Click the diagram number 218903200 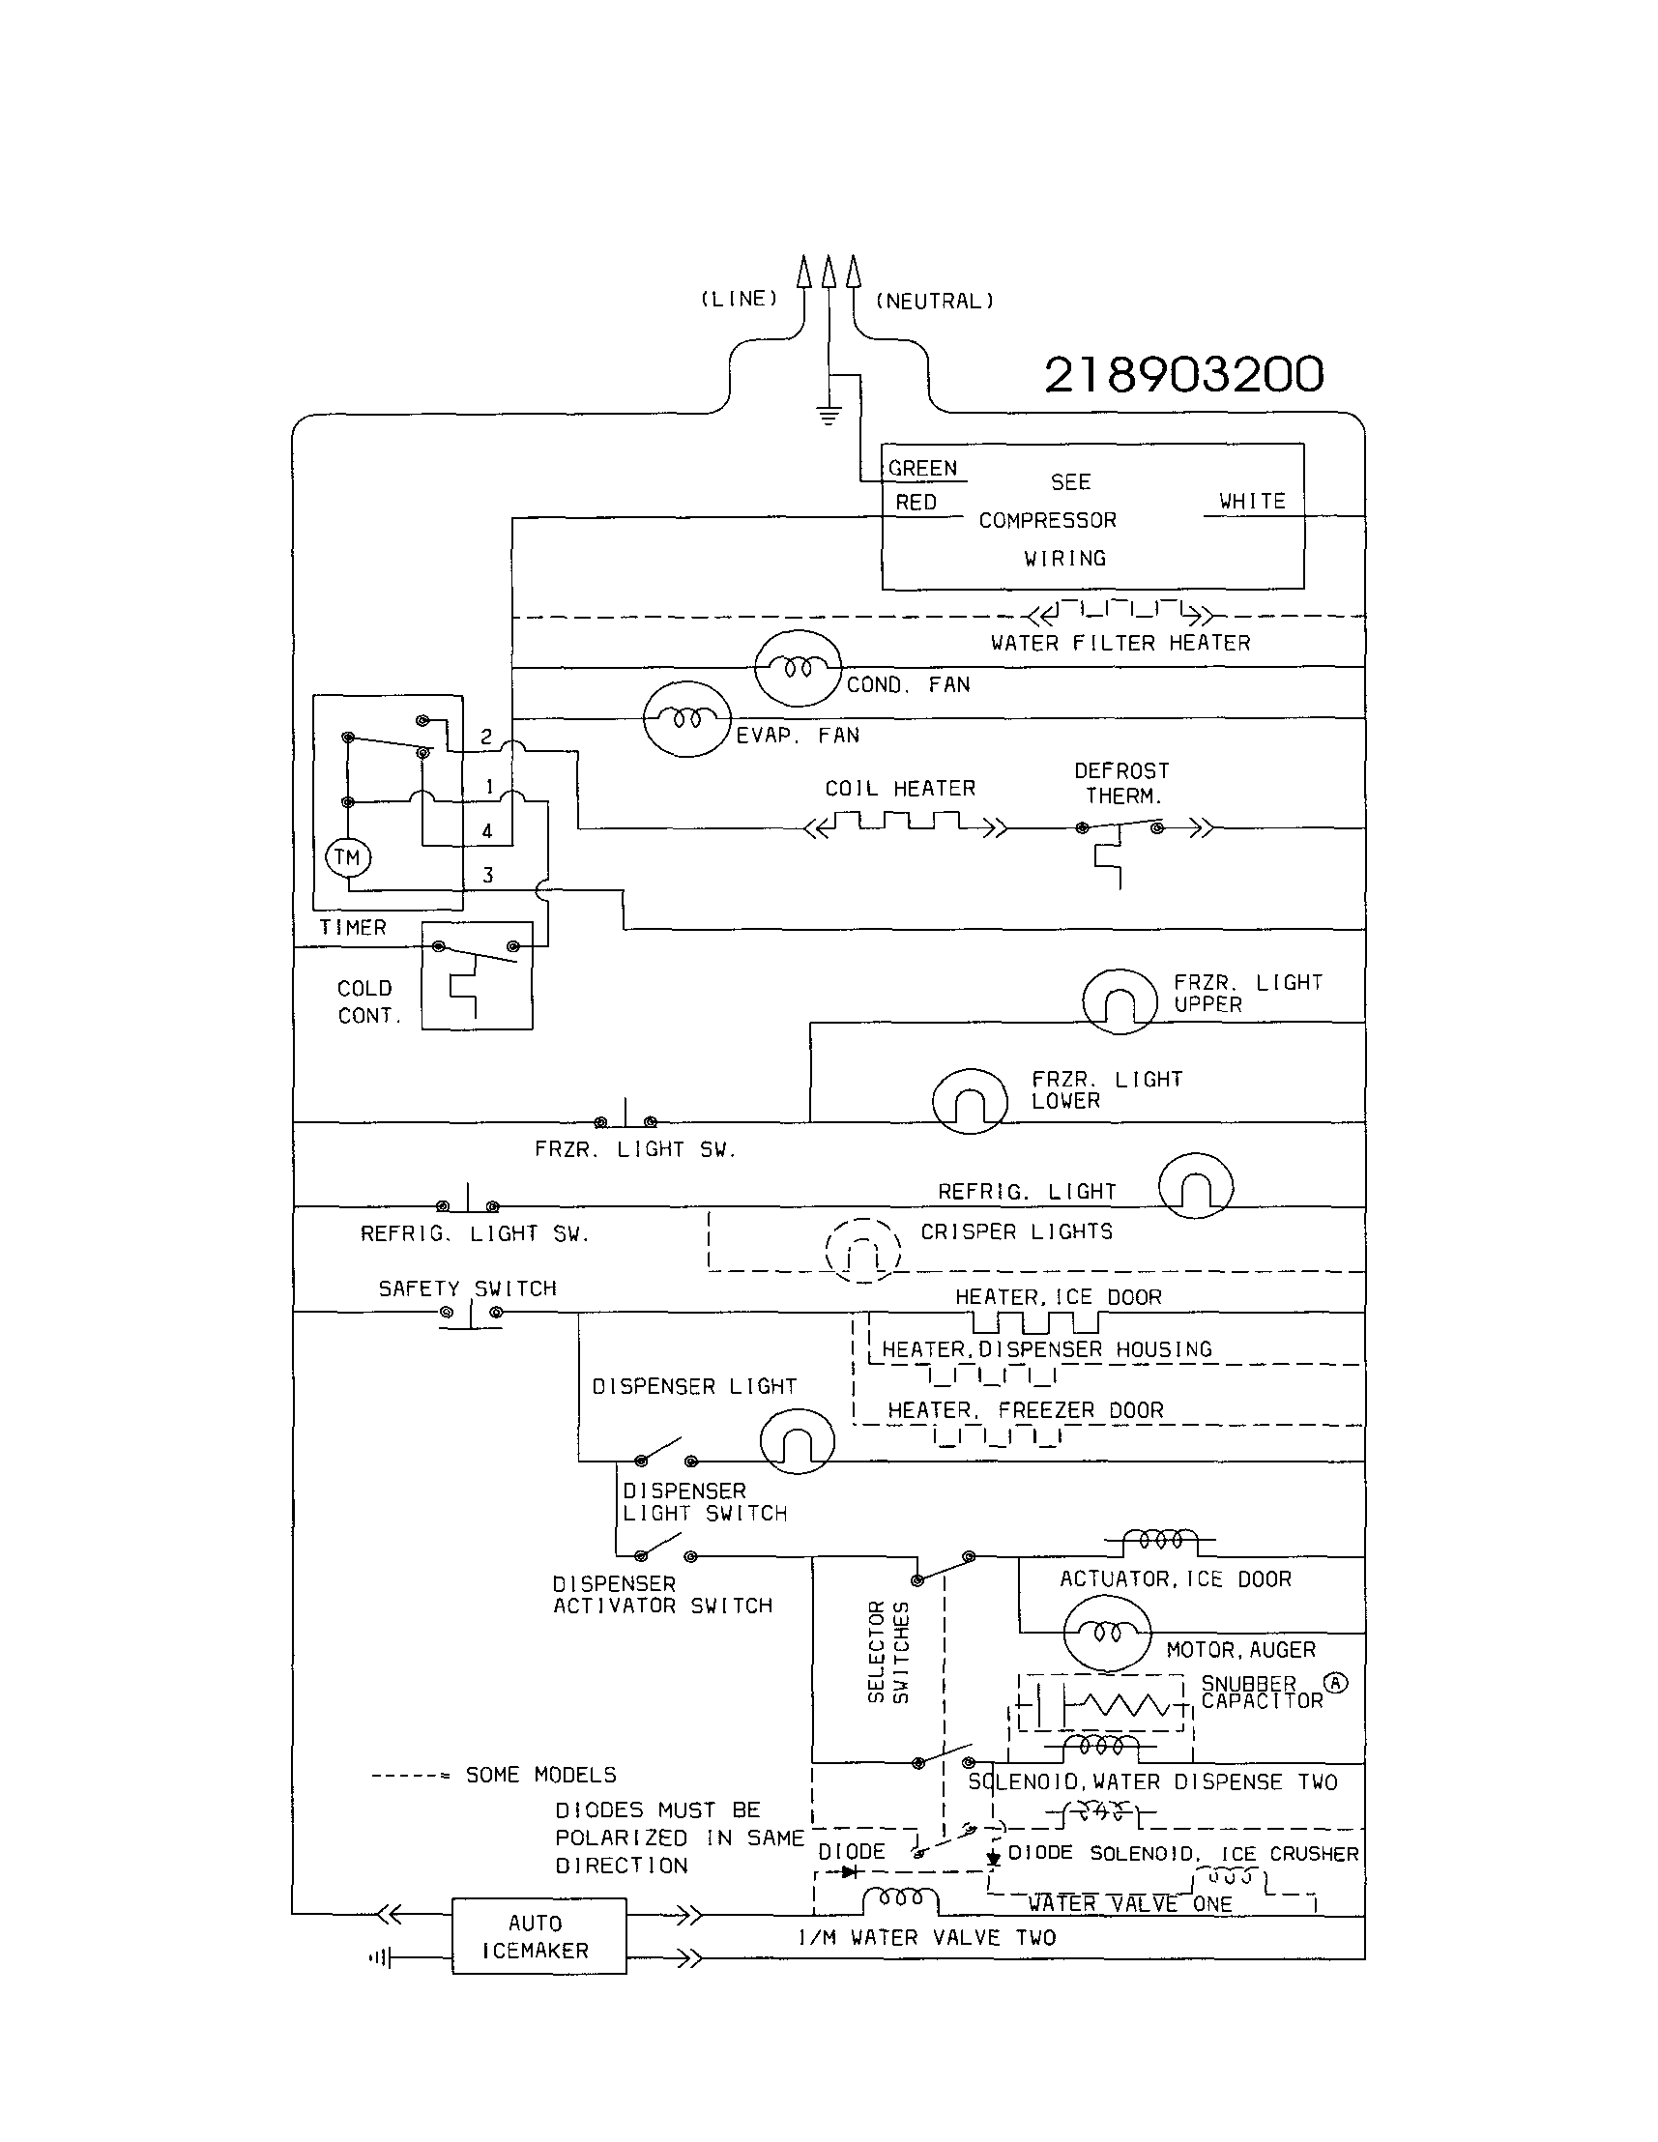pos(1183,375)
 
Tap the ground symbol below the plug pos(829,415)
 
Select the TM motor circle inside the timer pos(347,857)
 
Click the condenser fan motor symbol pos(799,668)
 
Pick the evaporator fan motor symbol pos(686,719)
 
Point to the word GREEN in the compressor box pos(922,469)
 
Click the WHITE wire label pos(1252,501)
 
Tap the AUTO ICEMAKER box pos(538,1936)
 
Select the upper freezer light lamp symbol pos(1120,1001)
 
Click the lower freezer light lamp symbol pos(970,1100)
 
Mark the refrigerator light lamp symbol pos(1195,1186)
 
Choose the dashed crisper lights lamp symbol pos(862,1251)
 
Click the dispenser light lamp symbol pos(797,1441)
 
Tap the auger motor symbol pos(1107,1632)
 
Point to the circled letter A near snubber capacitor pos(1335,1684)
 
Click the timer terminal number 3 pos(487,875)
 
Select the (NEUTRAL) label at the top pos(934,301)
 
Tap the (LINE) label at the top pos(739,299)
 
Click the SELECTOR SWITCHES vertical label pos(887,1653)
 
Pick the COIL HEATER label pos(900,789)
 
